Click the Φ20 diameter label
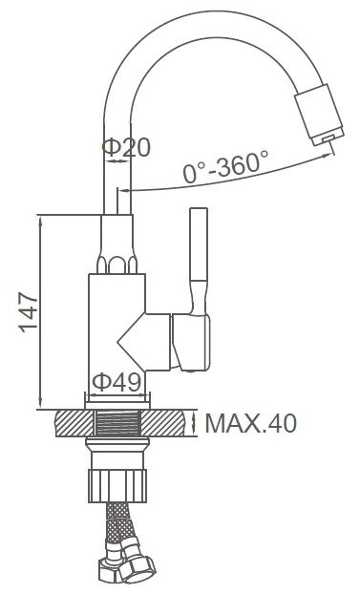click(x=126, y=147)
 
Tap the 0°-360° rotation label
click(x=226, y=166)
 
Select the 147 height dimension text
click(x=29, y=312)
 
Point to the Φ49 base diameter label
click(x=116, y=382)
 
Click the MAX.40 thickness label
click(x=250, y=423)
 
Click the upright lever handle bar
click(x=199, y=244)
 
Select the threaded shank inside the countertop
click(x=117, y=423)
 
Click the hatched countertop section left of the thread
click(x=74, y=423)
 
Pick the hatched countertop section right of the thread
click(x=163, y=423)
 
